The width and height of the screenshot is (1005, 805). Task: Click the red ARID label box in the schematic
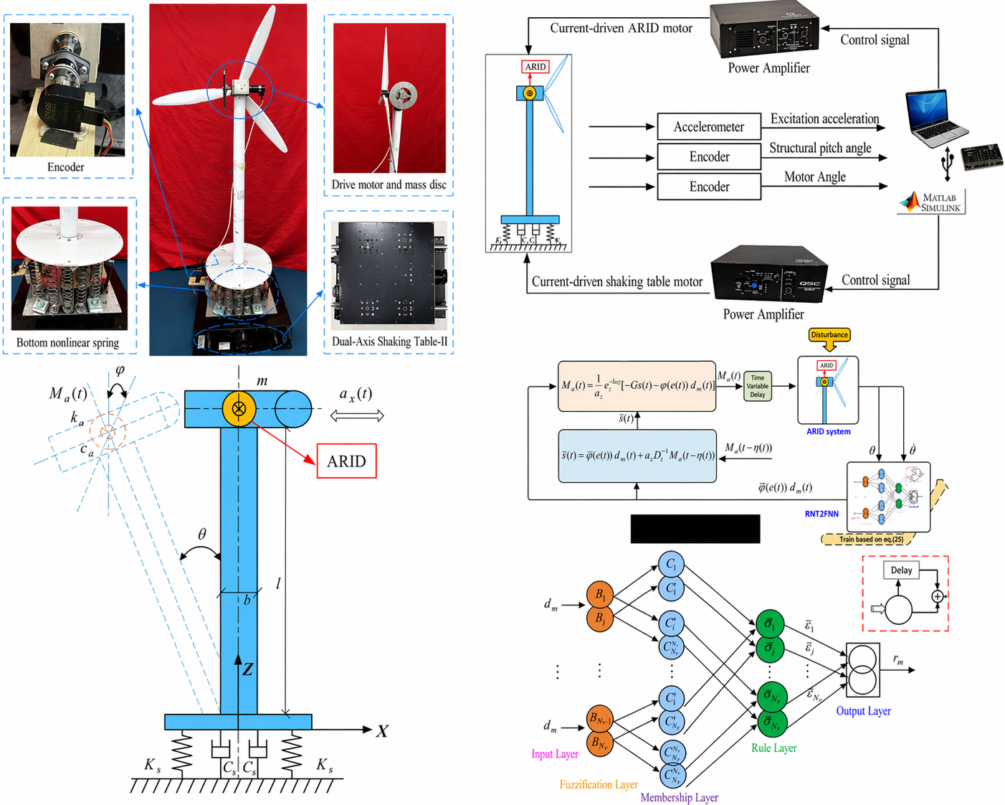(x=346, y=461)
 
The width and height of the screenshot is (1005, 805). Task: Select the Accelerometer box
(x=708, y=127)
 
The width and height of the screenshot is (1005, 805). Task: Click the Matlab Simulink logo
(x=932, y=202)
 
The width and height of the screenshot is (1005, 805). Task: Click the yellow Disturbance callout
(x=829, y=335)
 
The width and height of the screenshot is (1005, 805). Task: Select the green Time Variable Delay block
(x=758, y=386)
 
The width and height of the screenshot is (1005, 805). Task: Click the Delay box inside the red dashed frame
(x=901, y=570)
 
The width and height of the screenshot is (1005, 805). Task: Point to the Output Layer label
(x=863, y=711)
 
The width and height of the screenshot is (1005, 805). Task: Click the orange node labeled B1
(x=600, y=595)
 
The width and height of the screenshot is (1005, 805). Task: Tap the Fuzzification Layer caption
(x=599, y=784)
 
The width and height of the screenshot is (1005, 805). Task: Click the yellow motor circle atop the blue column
(x=239, y=409)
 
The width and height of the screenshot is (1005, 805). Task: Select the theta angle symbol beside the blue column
(x=202, y=535)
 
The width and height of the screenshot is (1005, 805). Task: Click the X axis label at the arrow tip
(x=382, y=731)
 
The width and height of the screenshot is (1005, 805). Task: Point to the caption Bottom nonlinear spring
(x=67, y=343)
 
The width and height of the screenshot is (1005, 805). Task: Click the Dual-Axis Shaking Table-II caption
(x=389, y=342)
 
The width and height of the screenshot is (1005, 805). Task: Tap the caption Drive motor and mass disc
(x=389, y=184)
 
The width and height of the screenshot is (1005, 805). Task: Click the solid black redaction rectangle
(x=695, y=529)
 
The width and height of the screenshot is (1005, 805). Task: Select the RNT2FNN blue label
(x=821, y=514)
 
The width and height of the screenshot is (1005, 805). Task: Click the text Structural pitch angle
(x=820, y=148)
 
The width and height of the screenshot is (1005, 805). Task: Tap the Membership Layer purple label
(x=679, y=797)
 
